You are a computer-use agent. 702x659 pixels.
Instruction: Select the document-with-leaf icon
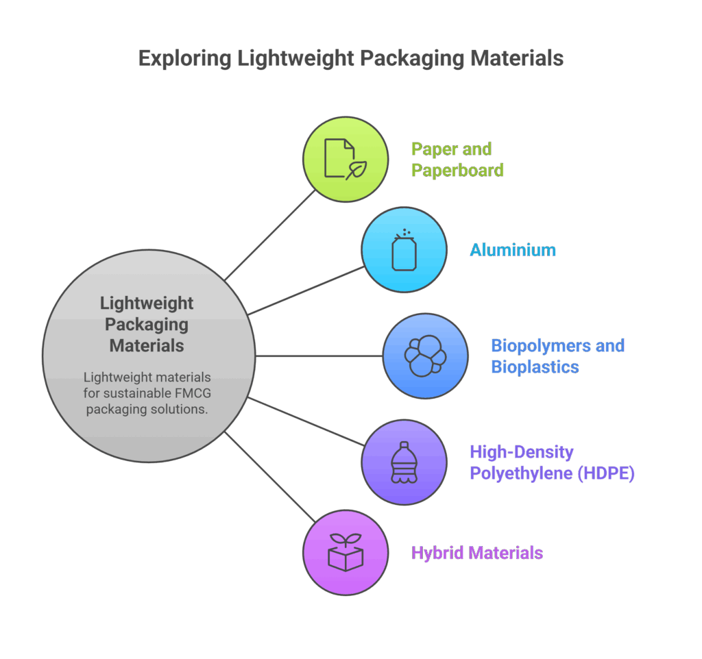(x=342, y=160)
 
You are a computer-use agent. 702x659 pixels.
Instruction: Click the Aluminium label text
(x=512, y=250)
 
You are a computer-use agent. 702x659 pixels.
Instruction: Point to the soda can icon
(x=404, y=250)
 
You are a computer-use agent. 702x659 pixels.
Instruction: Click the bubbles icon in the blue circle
(x=424, y=356)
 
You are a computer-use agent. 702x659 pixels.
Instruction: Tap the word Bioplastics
(x=535, y=367)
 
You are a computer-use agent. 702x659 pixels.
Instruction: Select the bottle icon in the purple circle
(x=404, y=462)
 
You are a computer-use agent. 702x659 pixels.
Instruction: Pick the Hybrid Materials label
(x=476, y=553)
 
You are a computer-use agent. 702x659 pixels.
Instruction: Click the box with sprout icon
(x=346, y=552)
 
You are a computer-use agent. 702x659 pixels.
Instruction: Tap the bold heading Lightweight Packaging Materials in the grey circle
(x=147, y=324)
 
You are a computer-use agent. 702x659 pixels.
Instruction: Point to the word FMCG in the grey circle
(x=184, y=393)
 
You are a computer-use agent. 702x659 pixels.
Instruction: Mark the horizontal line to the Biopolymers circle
(x=319, y=356)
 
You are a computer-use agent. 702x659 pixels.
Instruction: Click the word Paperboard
(x=457, y=170)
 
